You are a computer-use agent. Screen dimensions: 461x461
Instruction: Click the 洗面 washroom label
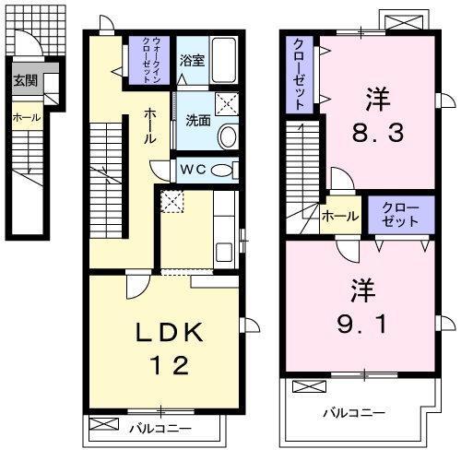(x=196, y=119)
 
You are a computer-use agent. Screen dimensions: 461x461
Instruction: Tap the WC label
(x=194, y=171)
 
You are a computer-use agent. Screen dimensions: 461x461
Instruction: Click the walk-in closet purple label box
(x=148, y=60)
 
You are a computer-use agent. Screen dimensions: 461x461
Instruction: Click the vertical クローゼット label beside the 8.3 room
(x=301, y=74)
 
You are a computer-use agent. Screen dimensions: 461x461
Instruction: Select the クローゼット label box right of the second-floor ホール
(x=399, y=215)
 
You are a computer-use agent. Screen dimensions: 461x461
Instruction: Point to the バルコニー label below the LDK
(x=159, y=429)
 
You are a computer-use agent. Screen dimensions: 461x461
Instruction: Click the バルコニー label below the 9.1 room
(x=353, y=411)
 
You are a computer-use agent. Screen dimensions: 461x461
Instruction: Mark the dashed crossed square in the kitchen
(x=171, y=201)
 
